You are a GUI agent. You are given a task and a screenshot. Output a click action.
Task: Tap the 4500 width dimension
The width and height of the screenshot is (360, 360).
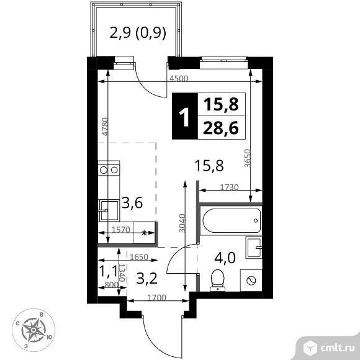[179, 79]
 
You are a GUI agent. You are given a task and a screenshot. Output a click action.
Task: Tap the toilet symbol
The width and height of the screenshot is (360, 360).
[218, 280]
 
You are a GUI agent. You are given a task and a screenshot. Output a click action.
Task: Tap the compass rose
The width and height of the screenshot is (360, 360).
[33, 327]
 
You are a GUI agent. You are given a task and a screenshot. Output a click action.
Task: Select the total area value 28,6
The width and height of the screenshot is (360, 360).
[220, 130]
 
